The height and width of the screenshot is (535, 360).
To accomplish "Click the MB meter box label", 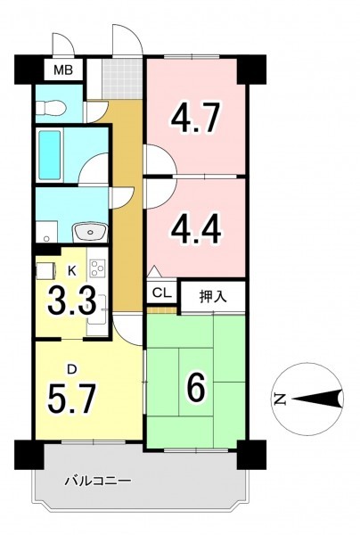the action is point(63,70).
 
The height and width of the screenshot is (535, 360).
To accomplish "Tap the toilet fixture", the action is point(51,108).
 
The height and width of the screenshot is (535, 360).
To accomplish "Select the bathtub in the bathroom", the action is point(49,155).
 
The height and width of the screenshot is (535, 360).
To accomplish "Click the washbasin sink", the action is point(90,232).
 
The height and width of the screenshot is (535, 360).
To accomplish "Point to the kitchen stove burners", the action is point(97,267).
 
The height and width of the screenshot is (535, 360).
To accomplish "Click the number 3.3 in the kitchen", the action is point(71,301).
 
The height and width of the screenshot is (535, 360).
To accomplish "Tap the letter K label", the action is point(71,270).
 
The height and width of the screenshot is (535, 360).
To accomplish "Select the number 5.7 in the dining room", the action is point(71,398).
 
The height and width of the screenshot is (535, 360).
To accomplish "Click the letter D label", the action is point(71,369).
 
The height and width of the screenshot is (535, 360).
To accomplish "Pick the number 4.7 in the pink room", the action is point(195,118).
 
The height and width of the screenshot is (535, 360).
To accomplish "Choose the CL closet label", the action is point(162,292).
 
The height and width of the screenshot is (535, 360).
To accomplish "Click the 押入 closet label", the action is point(213,297).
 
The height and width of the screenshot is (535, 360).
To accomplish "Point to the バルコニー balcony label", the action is point(98,481).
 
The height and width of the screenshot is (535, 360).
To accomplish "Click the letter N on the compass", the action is point(280,399).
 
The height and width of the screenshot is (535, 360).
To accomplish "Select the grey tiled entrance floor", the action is point(122,78).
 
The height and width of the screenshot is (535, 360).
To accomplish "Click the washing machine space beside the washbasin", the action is point(46,232).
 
